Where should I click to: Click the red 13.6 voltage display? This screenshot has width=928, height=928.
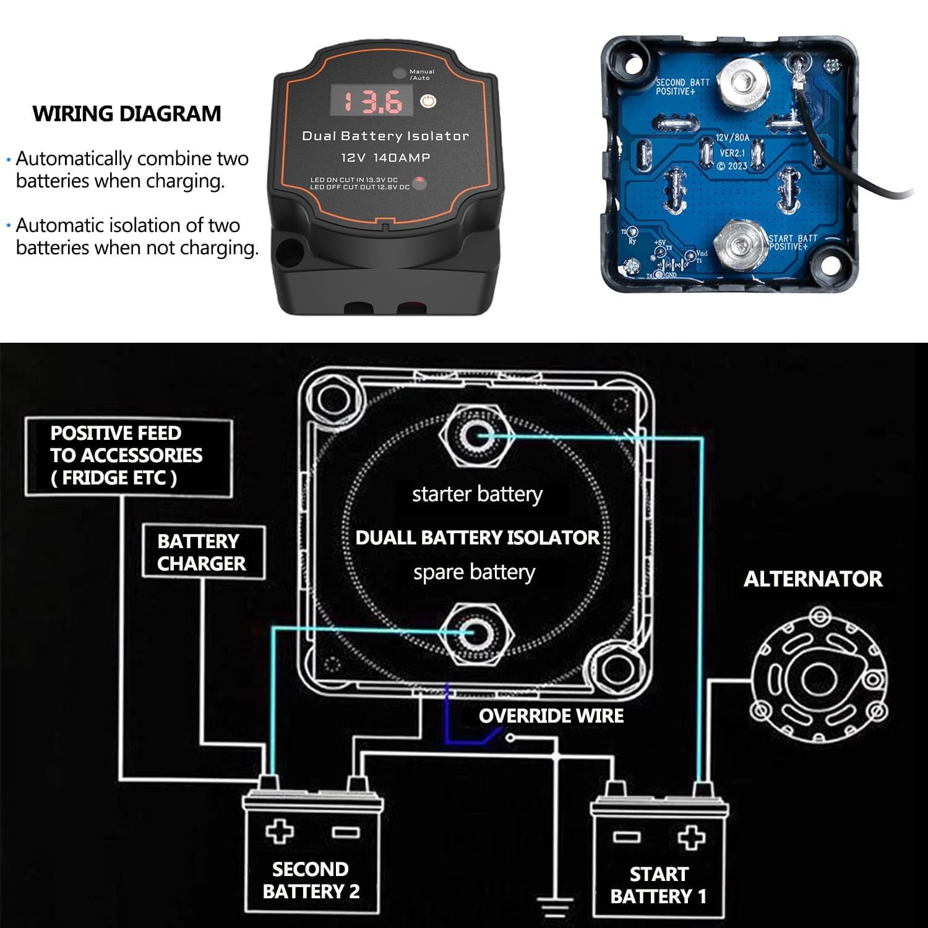[371, 101]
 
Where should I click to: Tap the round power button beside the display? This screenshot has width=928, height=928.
[428, 101]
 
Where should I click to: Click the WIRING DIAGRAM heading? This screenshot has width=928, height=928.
[127, 114]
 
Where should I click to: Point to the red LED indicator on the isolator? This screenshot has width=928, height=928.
[419, 183]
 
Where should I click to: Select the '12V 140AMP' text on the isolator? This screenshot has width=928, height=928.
[385, 158]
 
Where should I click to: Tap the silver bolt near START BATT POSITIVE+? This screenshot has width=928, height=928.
[739, 244]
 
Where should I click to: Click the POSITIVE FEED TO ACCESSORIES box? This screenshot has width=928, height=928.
[129, 457]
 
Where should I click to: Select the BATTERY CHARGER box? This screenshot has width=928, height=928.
[203, 552]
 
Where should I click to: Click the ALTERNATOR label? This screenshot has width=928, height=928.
[813, 579]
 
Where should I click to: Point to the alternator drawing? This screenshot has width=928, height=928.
[818, 679]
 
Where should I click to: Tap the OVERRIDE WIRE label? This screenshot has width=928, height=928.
[551, 716]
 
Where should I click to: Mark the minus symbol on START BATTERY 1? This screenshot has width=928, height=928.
[626, 837]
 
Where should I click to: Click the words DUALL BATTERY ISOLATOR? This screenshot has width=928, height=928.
[478, 537]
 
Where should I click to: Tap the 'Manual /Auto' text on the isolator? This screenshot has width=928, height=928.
[422, 75]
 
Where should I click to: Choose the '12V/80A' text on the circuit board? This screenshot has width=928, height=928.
[733, 138]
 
